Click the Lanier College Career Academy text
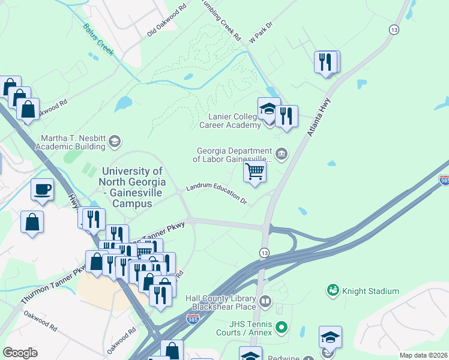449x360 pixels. pyautogui.click(x=234, y=121)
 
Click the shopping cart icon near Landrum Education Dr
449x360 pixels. pyautogui.click(x=255, y=172)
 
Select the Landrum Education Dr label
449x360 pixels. pyautogui.click(x=217, y=194)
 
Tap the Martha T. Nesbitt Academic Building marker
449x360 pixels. pyautogui.click(x=114, y=142)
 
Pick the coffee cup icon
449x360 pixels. pyautogui.click(x=42, y=190)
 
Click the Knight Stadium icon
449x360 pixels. pyautogui.click(x=333, y=291)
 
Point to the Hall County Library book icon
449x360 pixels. pyautogui.click(x=265, y=301)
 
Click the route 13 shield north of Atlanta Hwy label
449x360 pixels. pyautogui.click(x=394, y=29)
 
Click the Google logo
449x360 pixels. pyautogui.click(x=20, y=352)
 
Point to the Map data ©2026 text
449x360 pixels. pyautogui.click(x=424, y=355)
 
